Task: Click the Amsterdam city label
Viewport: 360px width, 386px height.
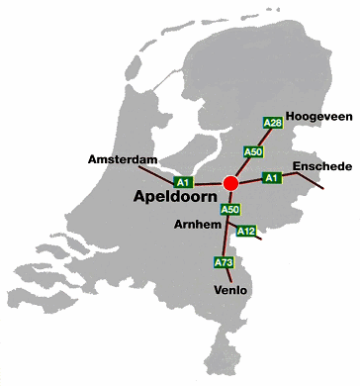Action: [124, 158]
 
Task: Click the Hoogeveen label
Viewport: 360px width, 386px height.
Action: [318, 117]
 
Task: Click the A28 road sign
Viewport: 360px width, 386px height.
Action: [273, 123]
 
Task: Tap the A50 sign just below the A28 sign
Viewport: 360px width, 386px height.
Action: [253, 151]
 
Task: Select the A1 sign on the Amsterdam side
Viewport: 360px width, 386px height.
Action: [182, 182]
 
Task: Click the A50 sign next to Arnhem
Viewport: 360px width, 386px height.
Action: [230, 209]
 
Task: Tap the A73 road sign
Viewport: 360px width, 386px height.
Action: [224, 262]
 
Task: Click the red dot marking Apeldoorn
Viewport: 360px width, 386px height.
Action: [231, 183]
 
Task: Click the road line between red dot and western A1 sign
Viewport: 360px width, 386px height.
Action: [208, 183]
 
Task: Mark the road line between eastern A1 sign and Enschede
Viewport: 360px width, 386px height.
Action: [302, 183]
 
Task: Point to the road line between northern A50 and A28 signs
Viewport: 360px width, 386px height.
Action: [263, 138]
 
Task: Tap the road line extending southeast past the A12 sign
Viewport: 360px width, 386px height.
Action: [260, 238]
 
